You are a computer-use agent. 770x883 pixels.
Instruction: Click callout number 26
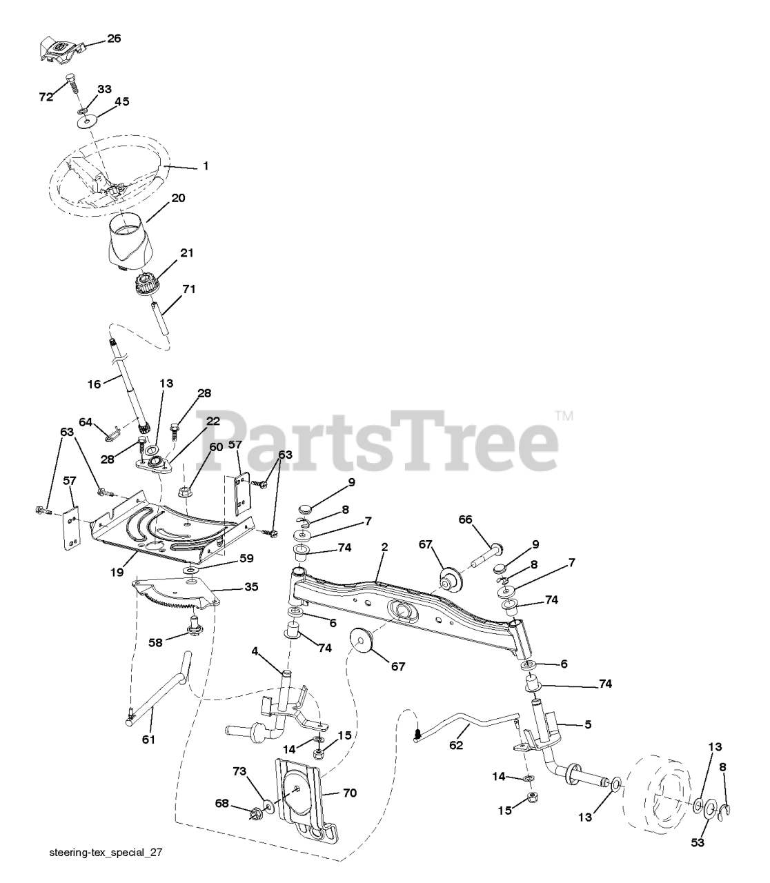point(114,39)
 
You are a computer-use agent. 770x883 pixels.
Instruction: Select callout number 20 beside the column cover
point(178,197)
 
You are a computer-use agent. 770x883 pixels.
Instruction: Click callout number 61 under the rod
point(148,740)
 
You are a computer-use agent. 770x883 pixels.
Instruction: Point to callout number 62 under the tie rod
point(457,745)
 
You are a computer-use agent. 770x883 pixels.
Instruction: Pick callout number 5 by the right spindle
point(589,724)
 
